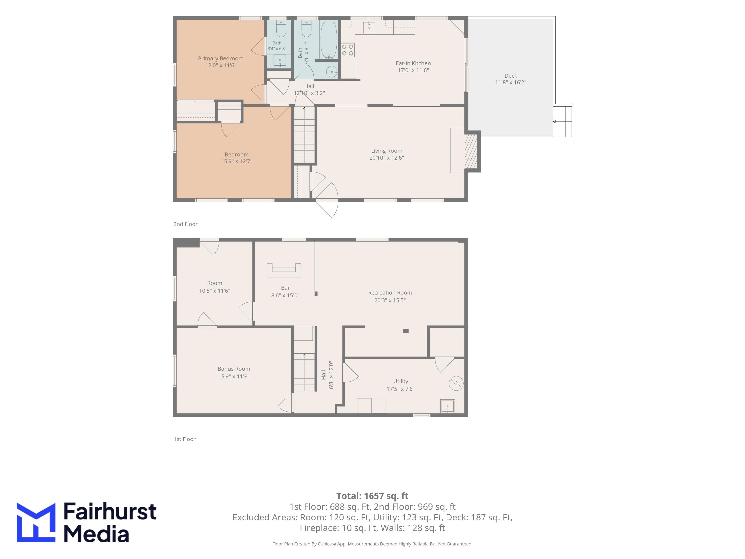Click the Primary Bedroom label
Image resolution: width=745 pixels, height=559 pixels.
coord(221,58)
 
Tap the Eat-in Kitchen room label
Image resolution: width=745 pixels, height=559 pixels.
coord(413,63)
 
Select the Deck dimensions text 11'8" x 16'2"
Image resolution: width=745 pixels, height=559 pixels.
coord(511,82)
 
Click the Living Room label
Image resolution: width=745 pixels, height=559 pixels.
coord(386,151)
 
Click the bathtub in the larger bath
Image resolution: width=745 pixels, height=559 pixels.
coord(329,40)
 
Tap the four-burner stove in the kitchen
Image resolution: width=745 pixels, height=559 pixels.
coord(348,50)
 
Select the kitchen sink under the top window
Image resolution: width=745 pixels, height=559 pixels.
coord(370,27)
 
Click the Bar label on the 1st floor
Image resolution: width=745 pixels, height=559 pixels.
coord(285,288)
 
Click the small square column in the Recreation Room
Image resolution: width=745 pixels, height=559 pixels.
coord(406,331)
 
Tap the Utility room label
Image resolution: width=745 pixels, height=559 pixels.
coord(401,381)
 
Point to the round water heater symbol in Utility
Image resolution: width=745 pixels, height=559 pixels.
coord(456,383)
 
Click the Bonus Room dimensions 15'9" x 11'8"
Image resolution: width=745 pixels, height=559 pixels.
coord(234,376)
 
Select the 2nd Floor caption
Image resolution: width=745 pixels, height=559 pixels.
coord(185,224)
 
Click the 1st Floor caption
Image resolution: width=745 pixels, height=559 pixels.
coord(185,439)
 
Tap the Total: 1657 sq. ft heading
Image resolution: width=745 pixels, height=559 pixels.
coord(372,496)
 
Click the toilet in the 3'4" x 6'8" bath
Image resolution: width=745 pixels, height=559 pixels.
coord(281,29)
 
